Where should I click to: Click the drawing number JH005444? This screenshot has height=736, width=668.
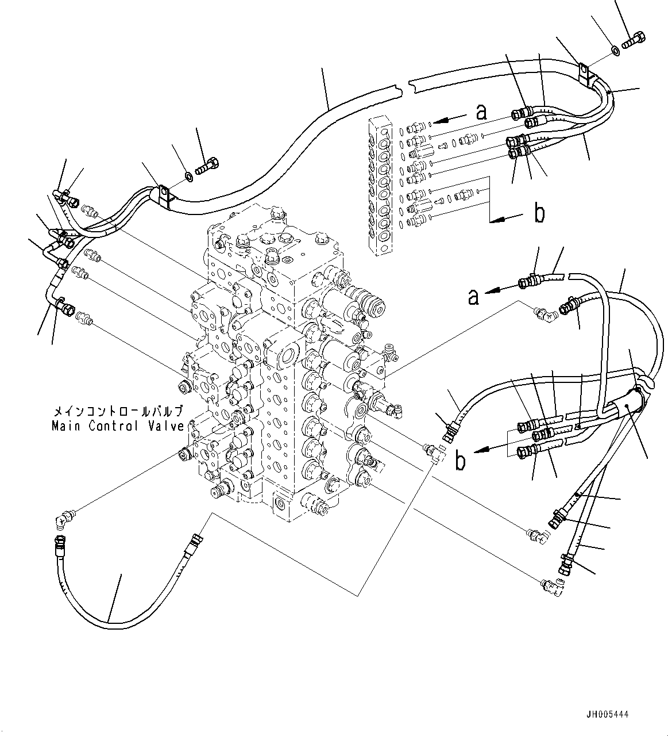coord(607,714)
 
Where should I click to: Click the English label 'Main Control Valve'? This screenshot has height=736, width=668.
coord(118,426)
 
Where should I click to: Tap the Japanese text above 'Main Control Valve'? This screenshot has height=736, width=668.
coord(118,412)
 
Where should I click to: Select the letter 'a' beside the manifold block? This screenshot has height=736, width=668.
coord(481,112)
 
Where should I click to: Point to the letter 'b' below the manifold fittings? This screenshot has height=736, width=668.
coord(539,213)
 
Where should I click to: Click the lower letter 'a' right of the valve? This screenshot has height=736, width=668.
coord(473,297)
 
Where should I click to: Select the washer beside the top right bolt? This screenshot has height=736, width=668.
coord(615,51)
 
